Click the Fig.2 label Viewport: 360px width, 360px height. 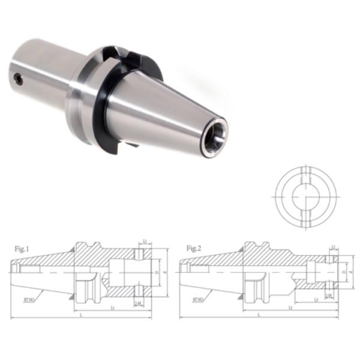(x=193, y=247)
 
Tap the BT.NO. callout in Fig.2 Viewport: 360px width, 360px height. (x=199, y=298)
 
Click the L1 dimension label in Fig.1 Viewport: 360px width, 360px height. (x=114, y=307)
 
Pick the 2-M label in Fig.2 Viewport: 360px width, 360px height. (x=328, y=296)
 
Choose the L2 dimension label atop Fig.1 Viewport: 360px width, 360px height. (x=146, y=241)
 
